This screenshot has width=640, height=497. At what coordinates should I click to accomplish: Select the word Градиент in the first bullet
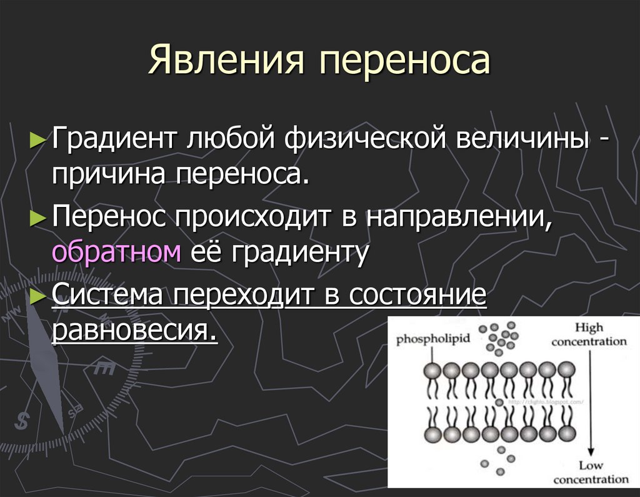(x=113, y=138)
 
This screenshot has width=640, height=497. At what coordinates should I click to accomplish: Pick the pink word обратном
(x=117, y=253)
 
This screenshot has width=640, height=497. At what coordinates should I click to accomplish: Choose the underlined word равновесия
(x=134, y=329)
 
